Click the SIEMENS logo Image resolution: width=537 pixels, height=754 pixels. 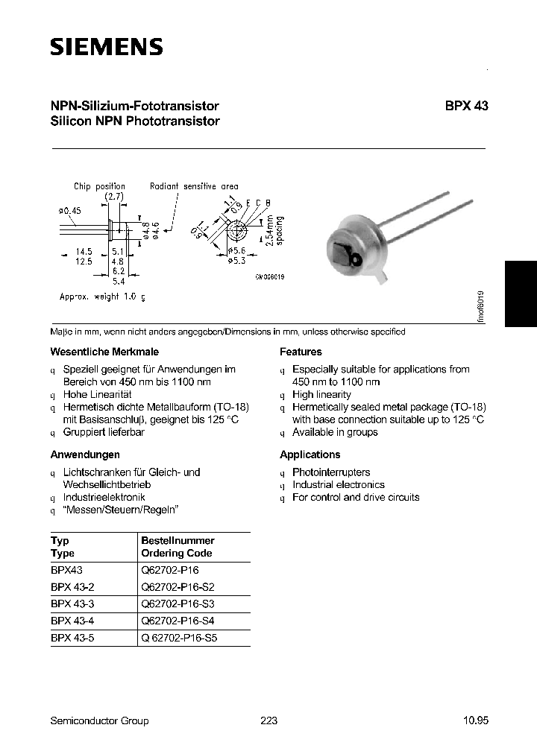106,48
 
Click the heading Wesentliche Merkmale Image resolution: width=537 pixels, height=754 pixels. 104,352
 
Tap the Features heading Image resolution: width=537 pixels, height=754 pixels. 301,352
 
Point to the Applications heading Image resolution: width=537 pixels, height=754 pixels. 310,454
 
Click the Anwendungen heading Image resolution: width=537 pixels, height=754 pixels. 85,454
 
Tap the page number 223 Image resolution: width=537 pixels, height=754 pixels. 269,720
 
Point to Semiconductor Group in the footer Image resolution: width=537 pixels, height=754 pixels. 99,720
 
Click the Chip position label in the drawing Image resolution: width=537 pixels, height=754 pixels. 99,186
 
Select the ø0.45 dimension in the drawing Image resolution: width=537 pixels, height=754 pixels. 69,211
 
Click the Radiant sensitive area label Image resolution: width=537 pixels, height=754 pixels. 194,186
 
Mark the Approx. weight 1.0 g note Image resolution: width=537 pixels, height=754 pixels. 102,297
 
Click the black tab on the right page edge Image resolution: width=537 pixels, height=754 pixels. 521,294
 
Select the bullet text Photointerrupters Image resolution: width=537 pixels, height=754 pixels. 331,472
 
